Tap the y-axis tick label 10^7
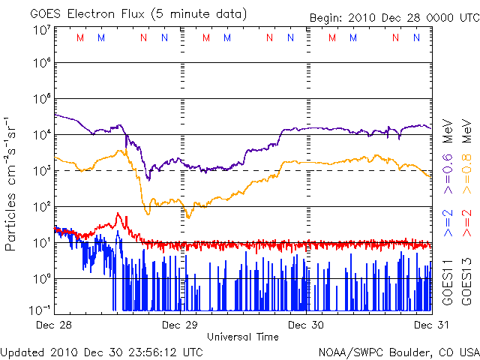(x=42, y=31)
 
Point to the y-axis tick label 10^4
(x=42, y=135)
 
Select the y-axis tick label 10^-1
(x=40, y=309)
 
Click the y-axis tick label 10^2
(x=42, y=206)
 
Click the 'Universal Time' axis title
(x=243, y=337)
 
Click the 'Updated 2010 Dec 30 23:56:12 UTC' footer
(x=101, y=351)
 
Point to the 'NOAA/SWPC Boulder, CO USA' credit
(x=397, y=351)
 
